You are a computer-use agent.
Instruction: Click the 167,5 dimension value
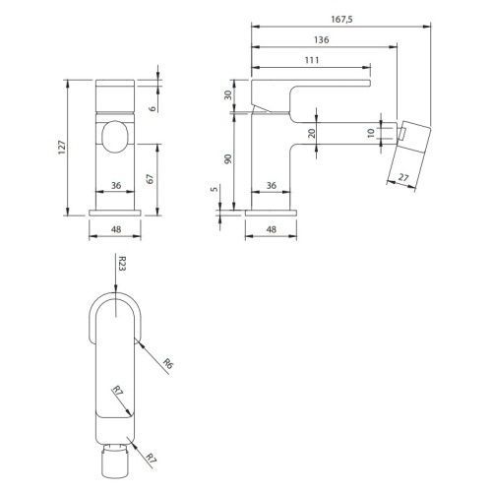click(x=341, y=20)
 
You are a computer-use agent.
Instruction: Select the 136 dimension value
click(x=321, y=40)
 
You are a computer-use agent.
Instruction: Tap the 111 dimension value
click(x=312, y=60)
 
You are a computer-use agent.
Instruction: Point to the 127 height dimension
click(x=62, y=148)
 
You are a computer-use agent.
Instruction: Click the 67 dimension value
click(x=150, y=179)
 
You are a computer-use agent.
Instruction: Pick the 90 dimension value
click(x=228, y=158)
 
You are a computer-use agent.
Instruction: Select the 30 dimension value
click(x=228, y=94)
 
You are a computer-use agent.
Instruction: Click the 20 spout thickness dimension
click(x=312, y=133)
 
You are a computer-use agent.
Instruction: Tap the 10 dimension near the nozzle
click(x=371, y=133)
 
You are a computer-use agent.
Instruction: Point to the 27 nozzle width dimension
click(x=403, y=177)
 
